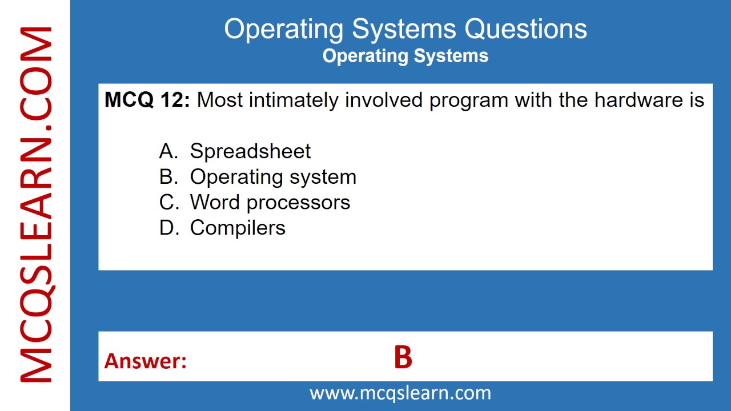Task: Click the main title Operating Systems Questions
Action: pos(405,29)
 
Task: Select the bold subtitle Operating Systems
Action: pos(405,56)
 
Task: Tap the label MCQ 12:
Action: pos(147,100)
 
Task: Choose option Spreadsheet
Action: pos(250,151)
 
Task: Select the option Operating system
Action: pos(273,177)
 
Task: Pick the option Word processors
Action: pos(270,202)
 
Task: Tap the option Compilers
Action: pos(238,228)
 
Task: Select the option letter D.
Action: pos(169,228)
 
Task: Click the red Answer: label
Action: pos(146,361)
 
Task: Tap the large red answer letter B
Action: pos(403,358)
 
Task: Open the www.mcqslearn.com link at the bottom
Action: pos(400,393)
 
